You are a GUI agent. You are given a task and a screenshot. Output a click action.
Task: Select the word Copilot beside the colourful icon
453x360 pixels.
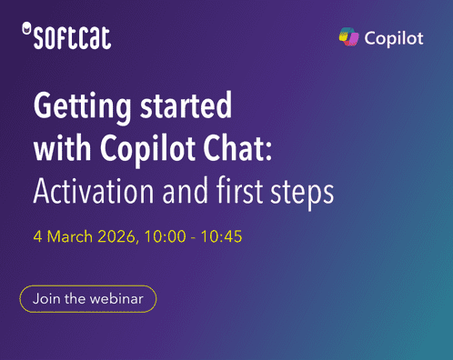point(394,38)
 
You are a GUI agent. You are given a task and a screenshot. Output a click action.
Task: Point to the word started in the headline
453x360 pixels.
point(186,109)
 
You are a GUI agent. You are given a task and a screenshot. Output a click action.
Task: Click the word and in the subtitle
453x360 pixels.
point(180,192)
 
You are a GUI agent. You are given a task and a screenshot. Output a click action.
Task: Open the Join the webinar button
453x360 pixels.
point(87,298)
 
